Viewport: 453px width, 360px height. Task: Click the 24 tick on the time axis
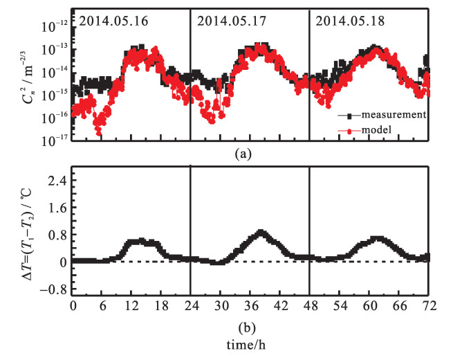pyautogui.click(x=190, y=305)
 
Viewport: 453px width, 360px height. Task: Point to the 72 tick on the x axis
pyautogui.click(x=427, y=305)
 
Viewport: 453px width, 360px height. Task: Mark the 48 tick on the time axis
pyautogui.click(x=309, y=305)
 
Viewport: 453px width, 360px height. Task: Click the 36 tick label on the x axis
pyautogui.click(x=250, y=305)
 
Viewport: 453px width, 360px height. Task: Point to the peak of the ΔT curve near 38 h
pyautogui.click(x=261, y=233)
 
